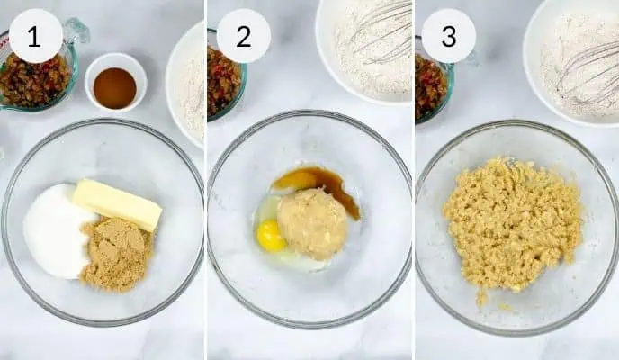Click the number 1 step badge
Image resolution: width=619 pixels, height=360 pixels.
point(35,36)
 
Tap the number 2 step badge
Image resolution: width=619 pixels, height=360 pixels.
point(244,36)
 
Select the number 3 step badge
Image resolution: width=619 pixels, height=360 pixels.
point(449,36)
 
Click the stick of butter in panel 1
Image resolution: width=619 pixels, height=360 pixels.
point(118,204)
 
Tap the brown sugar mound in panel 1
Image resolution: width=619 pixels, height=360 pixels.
point(116,255)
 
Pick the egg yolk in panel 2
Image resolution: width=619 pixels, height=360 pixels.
point(271,236)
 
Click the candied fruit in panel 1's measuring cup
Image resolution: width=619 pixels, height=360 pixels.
point(33,81)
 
